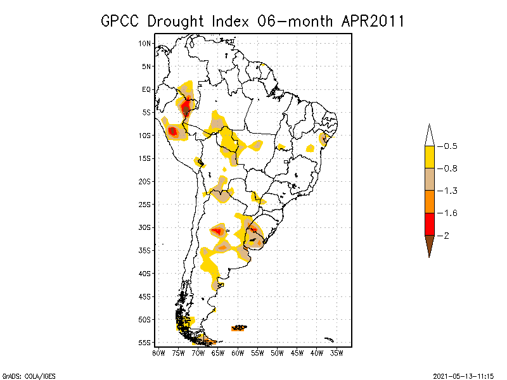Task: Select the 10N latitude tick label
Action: coord(145,43)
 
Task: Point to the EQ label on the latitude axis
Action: coord(146,89)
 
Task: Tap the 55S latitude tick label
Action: coord(145,342)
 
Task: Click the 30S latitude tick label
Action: coord(145,227)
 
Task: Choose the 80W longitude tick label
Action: coord(158,352)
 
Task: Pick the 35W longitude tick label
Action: coord(337,352)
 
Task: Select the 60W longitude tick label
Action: coord(238,352)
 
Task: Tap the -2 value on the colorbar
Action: coord(446,236)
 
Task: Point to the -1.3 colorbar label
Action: coord(448,191)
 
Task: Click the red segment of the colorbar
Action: coord(429,224)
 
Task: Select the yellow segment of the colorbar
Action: coord(429,157)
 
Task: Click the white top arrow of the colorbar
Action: coord(429,135)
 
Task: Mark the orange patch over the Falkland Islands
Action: coord(239,328)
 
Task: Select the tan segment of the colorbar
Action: coord(429,179)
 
